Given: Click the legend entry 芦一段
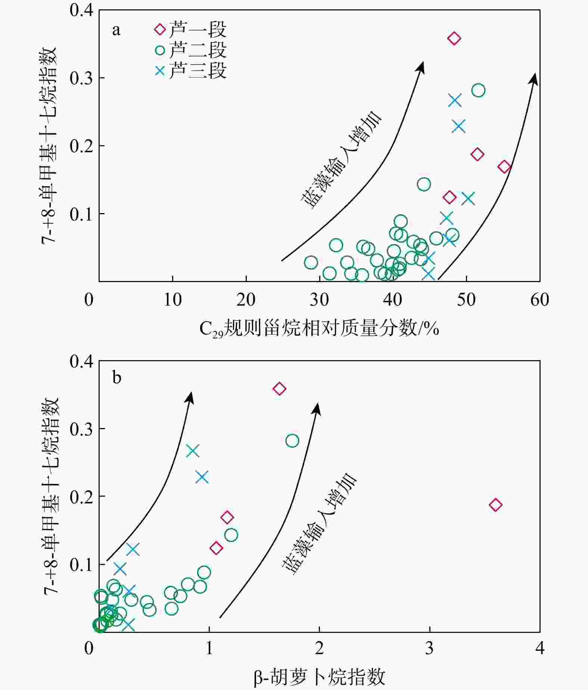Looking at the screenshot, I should [190, 29].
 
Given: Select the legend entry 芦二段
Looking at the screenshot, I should [190, 50].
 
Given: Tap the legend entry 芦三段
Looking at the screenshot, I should [190, 71].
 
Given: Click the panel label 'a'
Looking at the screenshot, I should [116, 30].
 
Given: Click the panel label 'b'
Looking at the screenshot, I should [116, 378].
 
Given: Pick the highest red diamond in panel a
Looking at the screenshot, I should [454, 38].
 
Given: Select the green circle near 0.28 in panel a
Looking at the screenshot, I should [478, 90].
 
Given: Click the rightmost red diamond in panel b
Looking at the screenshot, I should [495, 505].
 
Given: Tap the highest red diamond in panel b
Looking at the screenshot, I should [279, 389].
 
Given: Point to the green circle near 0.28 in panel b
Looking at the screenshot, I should [292, 441].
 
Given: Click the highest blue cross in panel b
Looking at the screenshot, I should [193, 451].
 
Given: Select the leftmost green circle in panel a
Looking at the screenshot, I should [311, 262].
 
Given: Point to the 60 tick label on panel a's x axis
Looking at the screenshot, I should [539, 300].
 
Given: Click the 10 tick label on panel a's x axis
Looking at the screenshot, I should [172, 300].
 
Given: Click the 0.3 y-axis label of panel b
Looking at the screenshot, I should [81, 429].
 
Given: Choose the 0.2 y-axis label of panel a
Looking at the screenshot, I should [81, 146].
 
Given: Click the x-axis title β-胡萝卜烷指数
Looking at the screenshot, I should [319, 677].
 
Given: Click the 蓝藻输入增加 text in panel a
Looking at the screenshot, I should [342, 160].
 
